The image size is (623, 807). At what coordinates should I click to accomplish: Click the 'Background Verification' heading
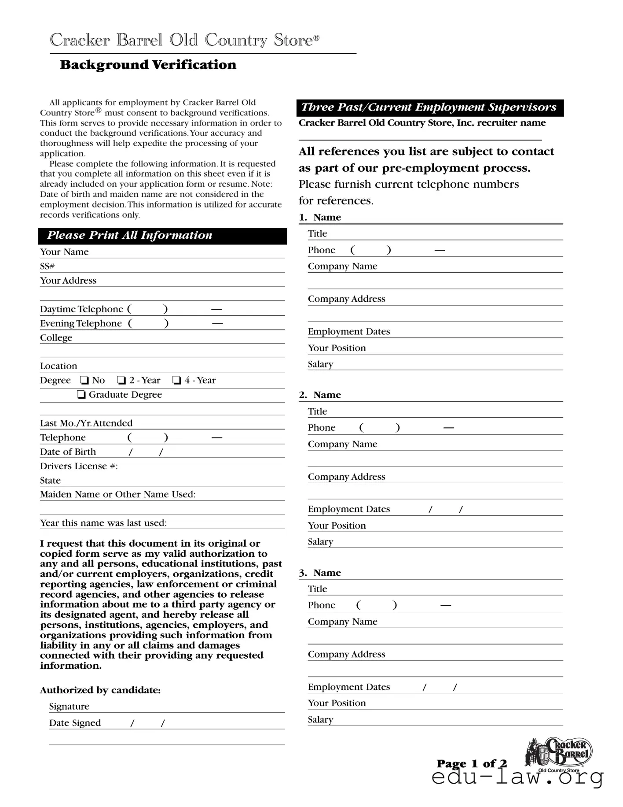click(148, 65)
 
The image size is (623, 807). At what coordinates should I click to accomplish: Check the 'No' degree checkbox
click(84, 380)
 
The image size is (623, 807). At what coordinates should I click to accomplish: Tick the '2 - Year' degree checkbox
click(121, 380)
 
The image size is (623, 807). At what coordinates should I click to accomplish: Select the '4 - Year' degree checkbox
click(177, 380)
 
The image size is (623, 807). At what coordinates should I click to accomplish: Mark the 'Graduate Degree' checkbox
click(81, 395)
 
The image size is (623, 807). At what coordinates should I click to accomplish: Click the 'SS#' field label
click(47, 266)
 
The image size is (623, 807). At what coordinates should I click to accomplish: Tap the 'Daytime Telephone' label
click(81, 309)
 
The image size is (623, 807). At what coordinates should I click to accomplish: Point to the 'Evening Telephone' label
click(81, 323)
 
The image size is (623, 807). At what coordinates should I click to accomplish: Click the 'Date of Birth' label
click(68, 452)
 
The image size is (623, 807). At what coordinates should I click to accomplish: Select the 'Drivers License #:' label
click(79, 466)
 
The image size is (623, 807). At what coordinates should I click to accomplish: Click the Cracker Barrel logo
click(559, 754)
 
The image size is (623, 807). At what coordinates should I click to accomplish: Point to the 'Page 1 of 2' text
click(472, 763)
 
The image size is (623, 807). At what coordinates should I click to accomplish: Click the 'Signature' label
click(69, 707)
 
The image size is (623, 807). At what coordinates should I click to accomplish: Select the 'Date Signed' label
click(75, 723)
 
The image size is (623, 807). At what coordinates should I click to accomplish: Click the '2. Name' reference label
click(320, 395)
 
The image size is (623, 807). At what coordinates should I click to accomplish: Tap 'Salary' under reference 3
click(320, 720)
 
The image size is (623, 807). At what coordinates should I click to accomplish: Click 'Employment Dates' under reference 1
click(348, 331)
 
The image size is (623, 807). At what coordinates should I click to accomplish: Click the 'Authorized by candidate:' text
click(100, 690)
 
